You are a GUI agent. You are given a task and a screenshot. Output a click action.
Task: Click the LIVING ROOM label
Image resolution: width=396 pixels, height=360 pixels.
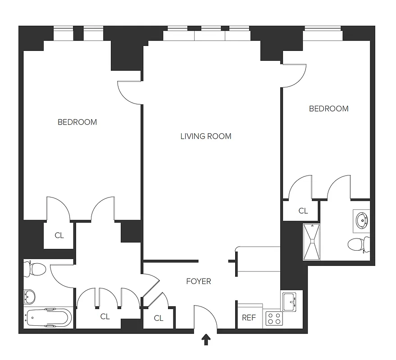tap(205, 136)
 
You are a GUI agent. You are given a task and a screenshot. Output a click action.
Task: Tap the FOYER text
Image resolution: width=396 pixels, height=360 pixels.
tap(198, 282)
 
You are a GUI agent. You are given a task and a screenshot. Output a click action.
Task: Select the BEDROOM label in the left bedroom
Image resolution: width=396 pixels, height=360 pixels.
tap(77, 122)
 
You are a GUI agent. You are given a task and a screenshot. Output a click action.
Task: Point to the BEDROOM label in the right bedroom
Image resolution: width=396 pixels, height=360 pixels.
tap(328, 108)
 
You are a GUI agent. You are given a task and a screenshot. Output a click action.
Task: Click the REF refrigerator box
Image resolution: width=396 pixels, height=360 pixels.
tap(249, 318)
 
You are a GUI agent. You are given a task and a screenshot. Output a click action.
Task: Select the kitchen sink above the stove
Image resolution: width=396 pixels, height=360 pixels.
tap(289, 300)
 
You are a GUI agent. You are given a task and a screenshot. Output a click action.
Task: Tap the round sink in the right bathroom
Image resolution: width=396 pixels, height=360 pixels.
tap(362, 220)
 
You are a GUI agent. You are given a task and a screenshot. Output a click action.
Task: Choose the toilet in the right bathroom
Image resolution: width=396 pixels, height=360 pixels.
tap(359, 245)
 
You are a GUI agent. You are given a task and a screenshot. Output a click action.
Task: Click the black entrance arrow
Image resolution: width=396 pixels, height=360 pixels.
tap(206, 340)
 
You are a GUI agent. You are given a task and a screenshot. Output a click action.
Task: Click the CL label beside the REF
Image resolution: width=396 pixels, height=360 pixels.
tap(158, 318)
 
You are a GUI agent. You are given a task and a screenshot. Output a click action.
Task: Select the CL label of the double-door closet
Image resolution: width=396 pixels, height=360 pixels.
tap(105, 317)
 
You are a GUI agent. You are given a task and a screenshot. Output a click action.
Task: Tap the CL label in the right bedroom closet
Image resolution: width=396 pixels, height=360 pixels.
tap(303, 211)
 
